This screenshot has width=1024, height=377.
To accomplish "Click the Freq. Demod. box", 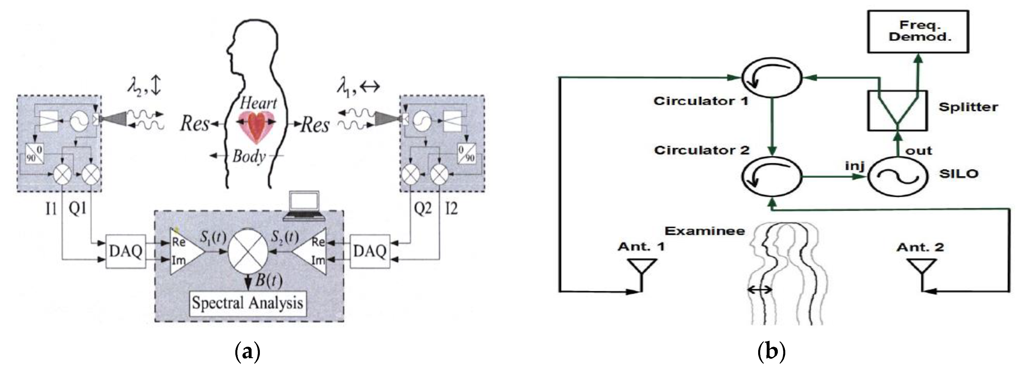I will pos(918,31).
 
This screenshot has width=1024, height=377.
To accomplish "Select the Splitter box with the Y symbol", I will pos(897,110).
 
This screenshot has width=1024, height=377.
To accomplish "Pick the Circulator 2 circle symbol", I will pos(771,176).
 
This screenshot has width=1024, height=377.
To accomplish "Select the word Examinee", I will pos(705,231).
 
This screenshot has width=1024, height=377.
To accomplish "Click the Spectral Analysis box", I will pos(248,303).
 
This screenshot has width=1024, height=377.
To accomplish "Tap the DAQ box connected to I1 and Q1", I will pos(126,251).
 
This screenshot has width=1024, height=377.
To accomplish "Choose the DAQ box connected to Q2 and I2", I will pos(370,251).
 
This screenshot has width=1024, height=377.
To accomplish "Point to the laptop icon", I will pos(304,206).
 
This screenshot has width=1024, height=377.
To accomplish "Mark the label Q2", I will pos(422,208).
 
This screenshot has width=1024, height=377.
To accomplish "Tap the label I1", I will pos(51,208).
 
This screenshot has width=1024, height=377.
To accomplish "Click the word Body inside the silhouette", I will pos(249,156).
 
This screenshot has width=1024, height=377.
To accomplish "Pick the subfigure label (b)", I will pos(771,352).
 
